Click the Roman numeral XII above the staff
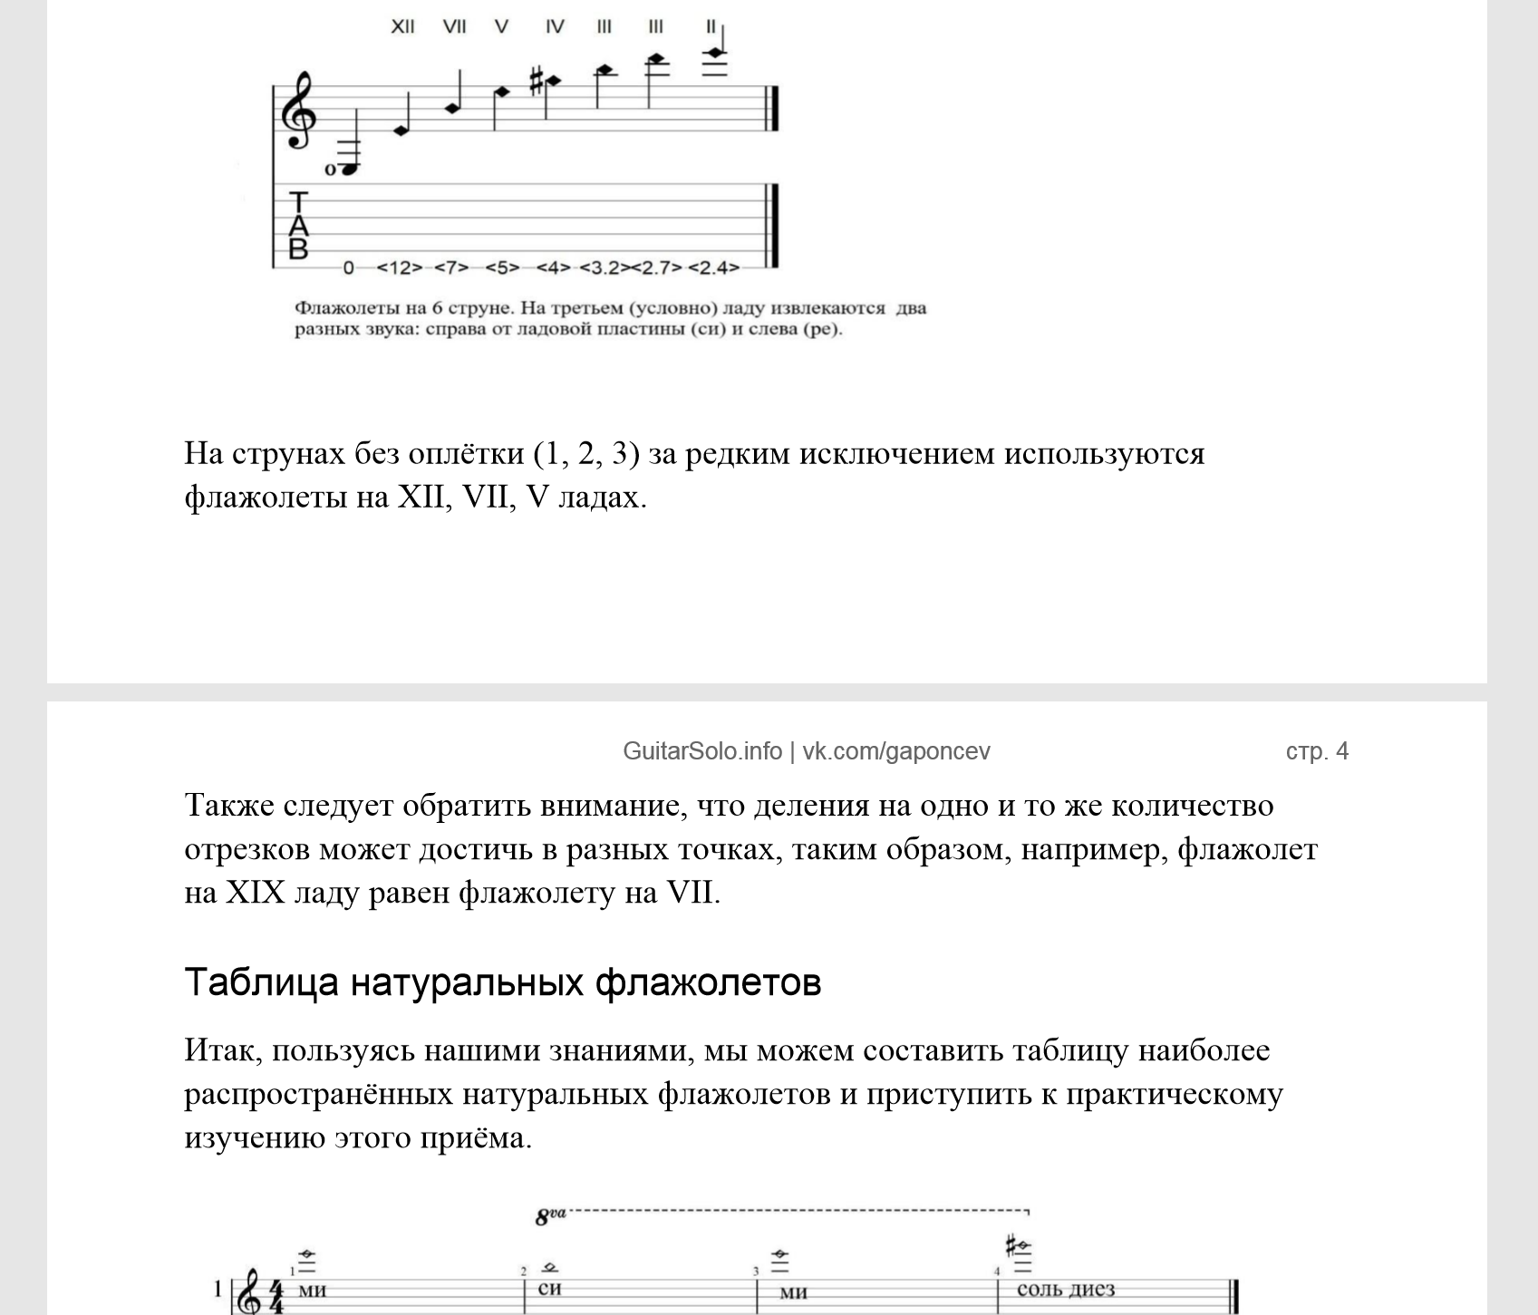click(402, 26)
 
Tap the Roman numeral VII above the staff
click(454, 26)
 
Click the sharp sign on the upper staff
click(536, 81)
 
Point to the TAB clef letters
click(298, 226)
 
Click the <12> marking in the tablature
click(399, 268)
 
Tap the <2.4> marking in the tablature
click(713, 268)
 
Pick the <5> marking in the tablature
click(502, 268)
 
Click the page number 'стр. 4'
click(1316, 751)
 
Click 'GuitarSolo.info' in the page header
click(701, 751)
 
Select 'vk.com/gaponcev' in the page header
click(895, 751)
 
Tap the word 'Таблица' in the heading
click(261, 981)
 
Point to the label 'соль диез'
click(1065, 1289)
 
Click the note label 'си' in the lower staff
click(549, 1288)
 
